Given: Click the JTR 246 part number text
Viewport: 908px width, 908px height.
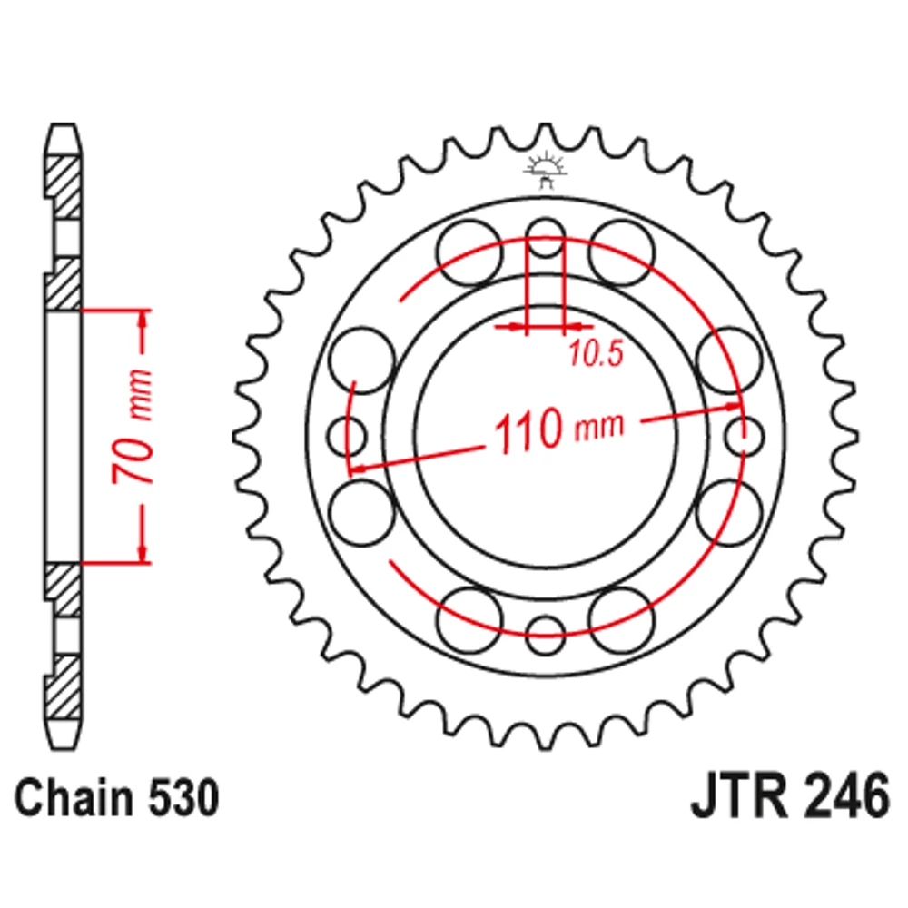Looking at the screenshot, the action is click(789, 798).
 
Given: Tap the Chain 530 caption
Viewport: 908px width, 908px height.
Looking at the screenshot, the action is click(117, 798).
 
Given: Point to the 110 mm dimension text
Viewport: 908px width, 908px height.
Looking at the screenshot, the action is click(558, 429).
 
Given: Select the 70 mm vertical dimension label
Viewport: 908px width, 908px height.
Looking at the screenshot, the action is click(133, 426).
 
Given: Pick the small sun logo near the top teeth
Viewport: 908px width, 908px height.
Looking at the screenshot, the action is click(545, 170).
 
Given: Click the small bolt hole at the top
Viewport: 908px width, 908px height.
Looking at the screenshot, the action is click(546, 237).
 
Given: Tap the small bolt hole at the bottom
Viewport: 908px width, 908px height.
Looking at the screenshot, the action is click(546, 635).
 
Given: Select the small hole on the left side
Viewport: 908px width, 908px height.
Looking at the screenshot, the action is click(347, 436).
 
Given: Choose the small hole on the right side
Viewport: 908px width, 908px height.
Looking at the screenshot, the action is click(745, 436).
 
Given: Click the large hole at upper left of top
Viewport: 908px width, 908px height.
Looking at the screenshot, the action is click(469, 253).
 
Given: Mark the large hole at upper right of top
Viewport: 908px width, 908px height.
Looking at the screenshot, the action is click(622, 253).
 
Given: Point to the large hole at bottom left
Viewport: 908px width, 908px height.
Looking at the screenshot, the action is click(469, 619).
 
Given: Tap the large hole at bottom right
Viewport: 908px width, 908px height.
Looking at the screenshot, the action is click(622, 619).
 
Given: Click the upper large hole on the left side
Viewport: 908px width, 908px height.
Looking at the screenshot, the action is click(362, 360).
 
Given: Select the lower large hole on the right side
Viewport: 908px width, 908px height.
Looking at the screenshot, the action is click(729, 512).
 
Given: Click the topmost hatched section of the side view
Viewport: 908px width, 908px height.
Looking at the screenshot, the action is click(64, 186).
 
